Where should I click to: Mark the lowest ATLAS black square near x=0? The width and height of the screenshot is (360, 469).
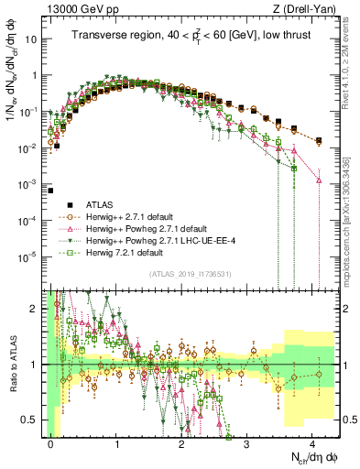tap(51, 166)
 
